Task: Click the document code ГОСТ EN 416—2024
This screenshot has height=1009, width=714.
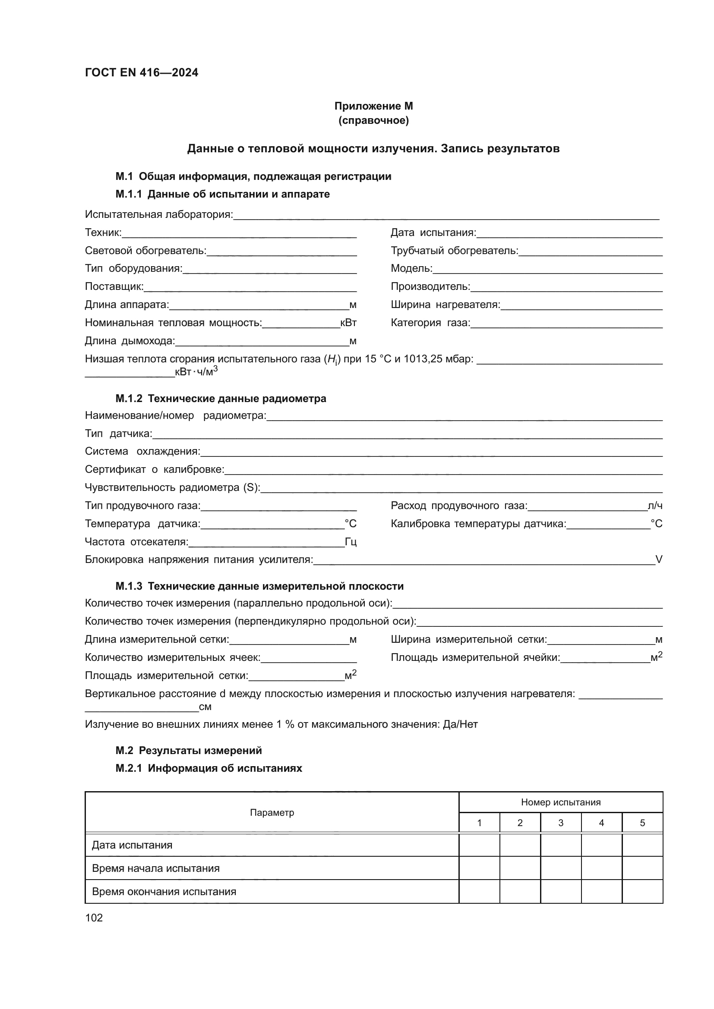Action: (x=141, y=72)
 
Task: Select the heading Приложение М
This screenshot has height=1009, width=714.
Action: (x=373, y=106)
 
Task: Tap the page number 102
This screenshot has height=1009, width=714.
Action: (x=94, y=918)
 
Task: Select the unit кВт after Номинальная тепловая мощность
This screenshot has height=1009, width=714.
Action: (x=348, y=323)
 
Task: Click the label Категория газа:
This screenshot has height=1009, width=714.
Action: (x=430, y=323)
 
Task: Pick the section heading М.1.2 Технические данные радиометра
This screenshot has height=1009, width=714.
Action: (x=221, y=399)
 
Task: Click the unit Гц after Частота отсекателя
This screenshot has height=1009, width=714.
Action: (x=351, y=542)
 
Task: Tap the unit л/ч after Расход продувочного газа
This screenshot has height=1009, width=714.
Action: (x=655, y=506)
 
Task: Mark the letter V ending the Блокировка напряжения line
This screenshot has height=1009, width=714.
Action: (x=659, y=560)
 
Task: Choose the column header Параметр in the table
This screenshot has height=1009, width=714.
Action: (x=272, y=813)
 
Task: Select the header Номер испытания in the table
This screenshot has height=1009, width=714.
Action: (x=561, y=802)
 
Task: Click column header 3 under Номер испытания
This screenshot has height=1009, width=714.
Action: (x=561, y=823)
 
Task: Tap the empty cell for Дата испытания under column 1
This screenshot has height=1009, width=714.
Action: (x=479, y=845)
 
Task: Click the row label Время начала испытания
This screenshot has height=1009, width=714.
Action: (x=156, y=868)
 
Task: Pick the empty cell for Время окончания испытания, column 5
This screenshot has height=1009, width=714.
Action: (x=642, y=892)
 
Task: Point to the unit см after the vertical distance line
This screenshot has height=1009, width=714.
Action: (x=205, y=707)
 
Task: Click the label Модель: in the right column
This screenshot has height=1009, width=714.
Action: (x=411, y=268)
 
